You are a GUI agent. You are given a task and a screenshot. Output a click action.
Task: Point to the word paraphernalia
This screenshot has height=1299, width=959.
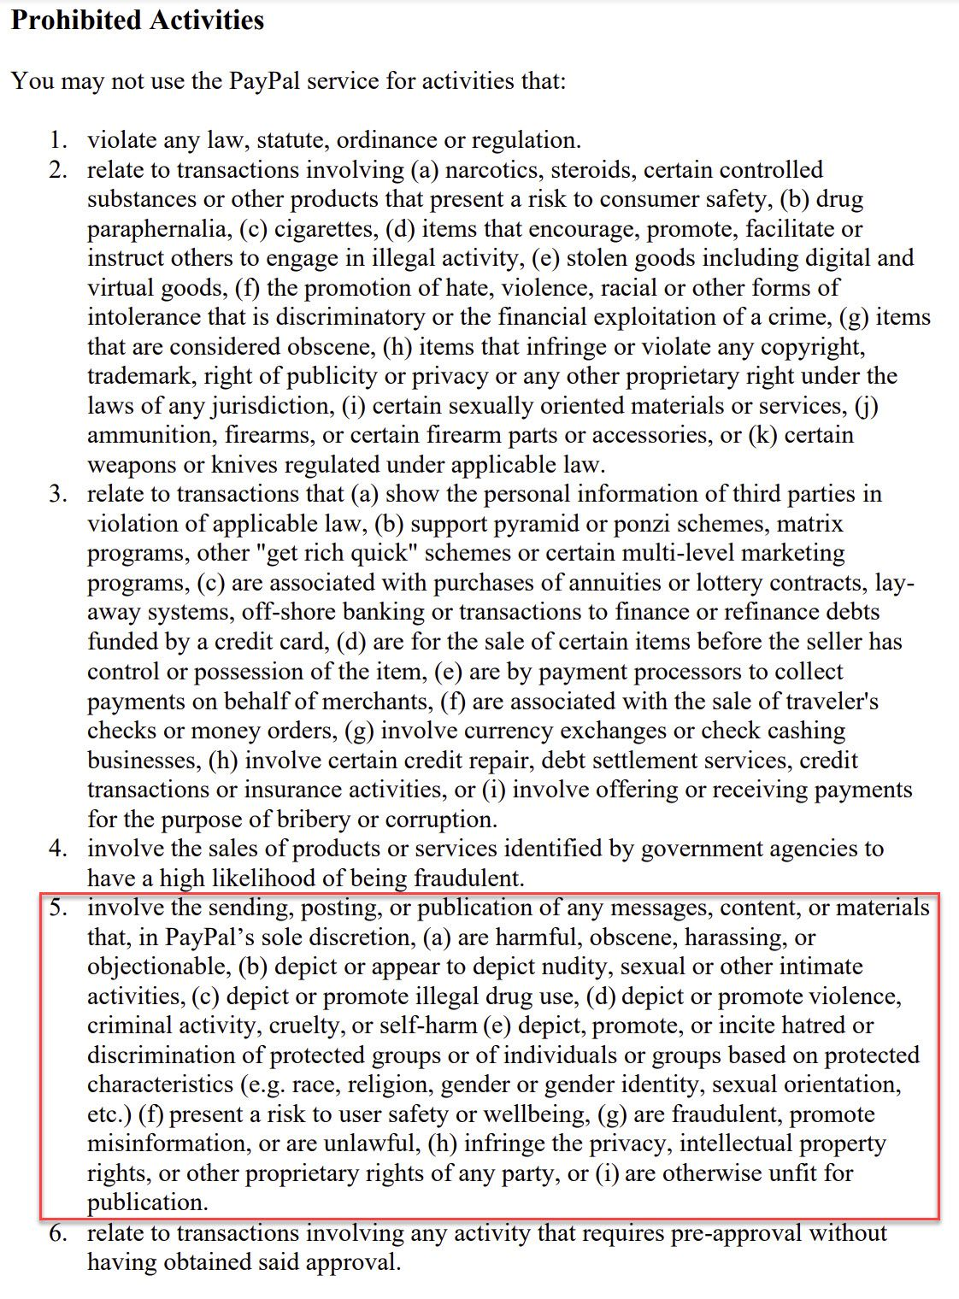pos(158,229)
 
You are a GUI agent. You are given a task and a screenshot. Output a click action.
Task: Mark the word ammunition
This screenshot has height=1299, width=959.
pos(151,435)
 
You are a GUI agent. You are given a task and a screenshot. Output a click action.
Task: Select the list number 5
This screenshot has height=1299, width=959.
pos(57,908)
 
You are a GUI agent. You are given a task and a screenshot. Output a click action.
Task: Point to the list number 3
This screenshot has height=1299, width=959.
pos(57,494)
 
